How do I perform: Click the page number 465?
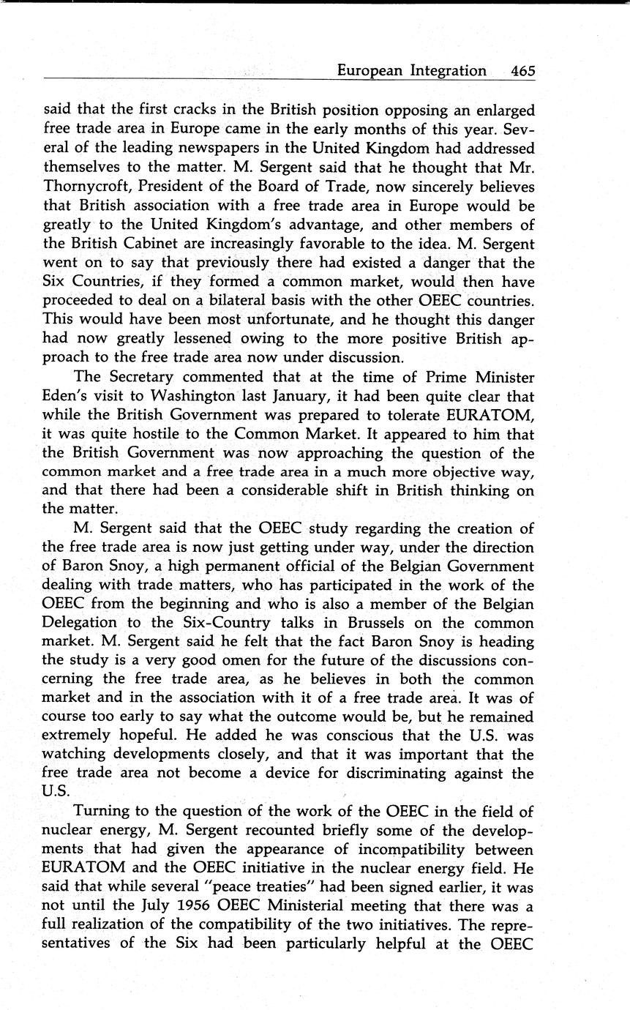pyautogui.click(x=523, y=71)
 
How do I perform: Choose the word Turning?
pyautogui.click(x=101, y=812)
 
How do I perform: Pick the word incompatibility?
pyautogui.click(x=400, y=850)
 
